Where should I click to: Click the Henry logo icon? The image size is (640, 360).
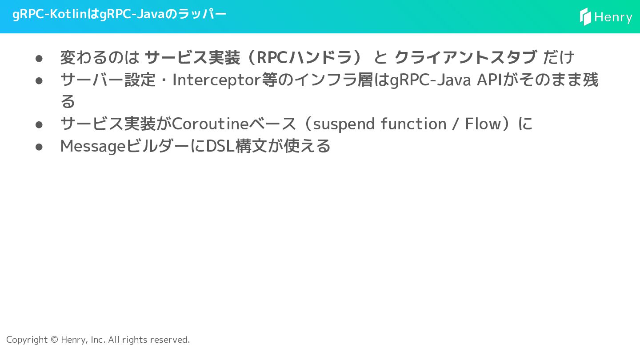585,17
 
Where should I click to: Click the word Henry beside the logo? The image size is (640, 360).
613,17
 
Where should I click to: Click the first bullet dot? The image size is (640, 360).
39,58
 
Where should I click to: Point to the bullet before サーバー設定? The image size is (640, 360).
39,80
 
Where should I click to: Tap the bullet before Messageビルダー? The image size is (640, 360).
39,147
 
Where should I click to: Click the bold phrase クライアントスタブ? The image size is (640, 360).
466,57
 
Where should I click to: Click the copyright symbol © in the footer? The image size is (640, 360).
54,340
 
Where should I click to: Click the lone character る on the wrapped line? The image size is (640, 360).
68,102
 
